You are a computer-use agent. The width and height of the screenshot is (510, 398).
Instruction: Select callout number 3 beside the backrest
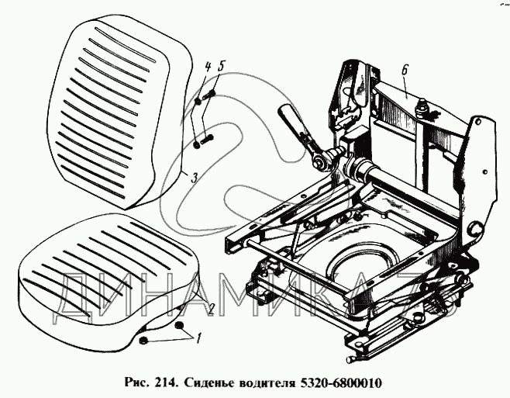tap(193, 178)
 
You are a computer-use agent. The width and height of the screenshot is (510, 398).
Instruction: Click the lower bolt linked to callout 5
tap(206, 141)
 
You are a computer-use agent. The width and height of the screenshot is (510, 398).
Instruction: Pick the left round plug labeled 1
tap(144, 341)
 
